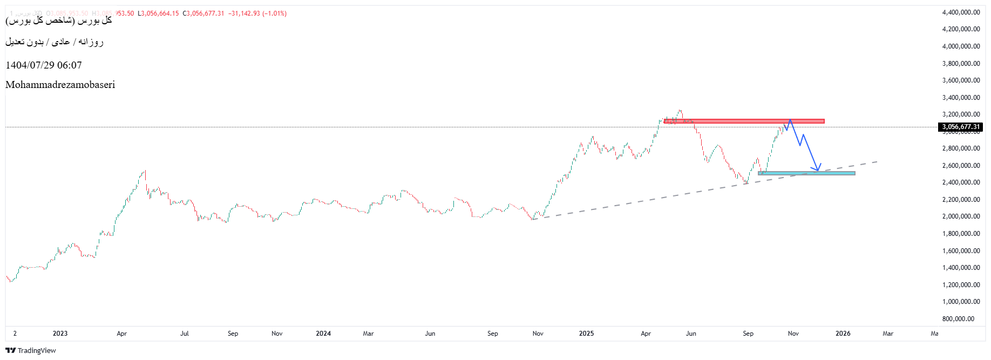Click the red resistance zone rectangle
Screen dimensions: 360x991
point(745,121)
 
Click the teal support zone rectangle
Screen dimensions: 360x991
point(806,173)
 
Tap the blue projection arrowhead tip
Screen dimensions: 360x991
point(818,171)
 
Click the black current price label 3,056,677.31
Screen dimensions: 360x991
point(961,127)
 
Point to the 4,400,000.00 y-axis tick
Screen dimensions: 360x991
point(961,12)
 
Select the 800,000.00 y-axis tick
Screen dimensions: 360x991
point(958,319)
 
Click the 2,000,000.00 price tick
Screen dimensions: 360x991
point(961,216)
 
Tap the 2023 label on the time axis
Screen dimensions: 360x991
point(60,334)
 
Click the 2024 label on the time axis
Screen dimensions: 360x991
point(323,334)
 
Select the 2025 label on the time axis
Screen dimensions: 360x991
point(586,334)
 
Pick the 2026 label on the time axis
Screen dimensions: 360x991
point(843,334)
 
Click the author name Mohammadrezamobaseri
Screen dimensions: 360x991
point(60,85)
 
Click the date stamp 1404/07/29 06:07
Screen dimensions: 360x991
point(44,65)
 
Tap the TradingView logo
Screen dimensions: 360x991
point(31,350)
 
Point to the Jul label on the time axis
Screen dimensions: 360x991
point(185,334)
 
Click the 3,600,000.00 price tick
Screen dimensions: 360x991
point(961,80)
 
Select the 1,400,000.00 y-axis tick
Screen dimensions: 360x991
point(961,268)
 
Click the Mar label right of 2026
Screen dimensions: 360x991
point(888,334)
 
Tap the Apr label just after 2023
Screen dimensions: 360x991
point(122,334)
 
